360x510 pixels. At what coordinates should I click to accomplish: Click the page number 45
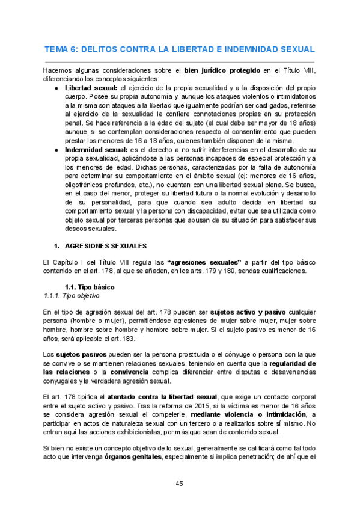(180, 484)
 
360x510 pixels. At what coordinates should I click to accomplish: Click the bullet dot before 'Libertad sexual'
(55, 87)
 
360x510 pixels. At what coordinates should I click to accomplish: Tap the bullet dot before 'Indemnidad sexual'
(55, 149)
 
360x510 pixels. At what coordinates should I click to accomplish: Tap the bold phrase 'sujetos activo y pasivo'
(233, 312)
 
